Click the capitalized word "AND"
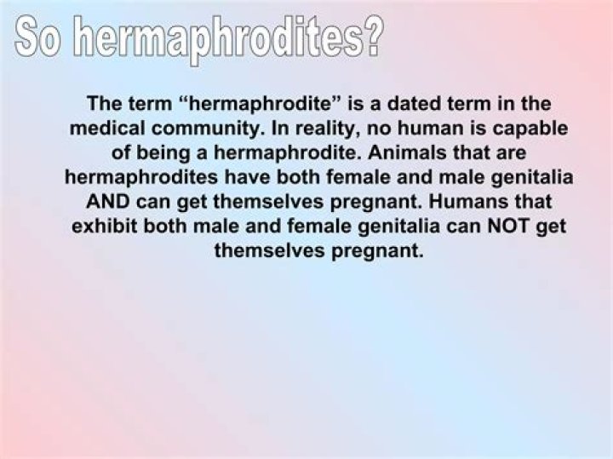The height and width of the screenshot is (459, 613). coord(109,204)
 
